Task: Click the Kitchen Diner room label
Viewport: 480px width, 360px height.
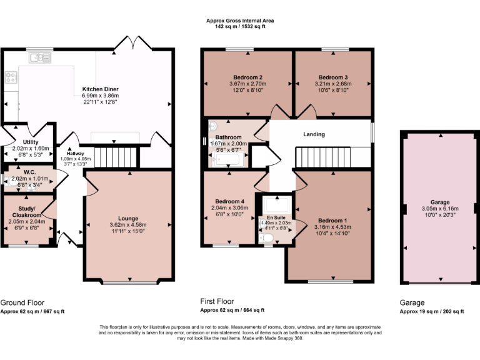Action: point(100,89)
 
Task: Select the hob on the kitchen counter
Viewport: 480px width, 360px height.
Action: point(11,77)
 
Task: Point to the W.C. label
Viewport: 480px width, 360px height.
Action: point(29,172)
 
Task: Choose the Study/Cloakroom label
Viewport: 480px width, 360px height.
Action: point(27,211)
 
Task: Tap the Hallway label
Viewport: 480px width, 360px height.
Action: point(75,153)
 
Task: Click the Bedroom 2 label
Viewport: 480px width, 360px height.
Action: point(247,77)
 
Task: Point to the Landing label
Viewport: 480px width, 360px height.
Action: point(314,134)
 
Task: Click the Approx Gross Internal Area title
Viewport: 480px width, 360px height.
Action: point(240,21)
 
